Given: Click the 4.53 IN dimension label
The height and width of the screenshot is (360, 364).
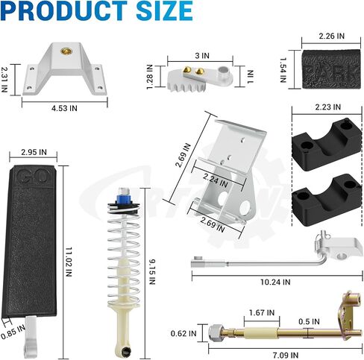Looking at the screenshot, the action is (x=64, y=108).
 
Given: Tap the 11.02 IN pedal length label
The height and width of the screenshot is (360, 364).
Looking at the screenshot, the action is (x=69, y=262).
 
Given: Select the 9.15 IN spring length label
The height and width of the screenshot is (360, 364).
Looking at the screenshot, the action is (x=152, y=272).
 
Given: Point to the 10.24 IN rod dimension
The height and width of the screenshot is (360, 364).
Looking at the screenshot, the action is (x=275, y=282).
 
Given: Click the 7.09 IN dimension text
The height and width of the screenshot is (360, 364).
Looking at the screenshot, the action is (x=285, y=355).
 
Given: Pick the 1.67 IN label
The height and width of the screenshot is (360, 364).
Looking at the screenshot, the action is (x=262, y=312).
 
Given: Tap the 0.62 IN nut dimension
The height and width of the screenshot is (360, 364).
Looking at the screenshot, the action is (x=183, y=333).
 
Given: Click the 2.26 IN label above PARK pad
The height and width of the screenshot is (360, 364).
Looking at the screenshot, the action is (x=332, y=36).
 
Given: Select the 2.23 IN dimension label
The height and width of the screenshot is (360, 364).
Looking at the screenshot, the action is (x=328, y=107).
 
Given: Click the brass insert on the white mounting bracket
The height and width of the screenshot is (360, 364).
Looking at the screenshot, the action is (x=66, y=51).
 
